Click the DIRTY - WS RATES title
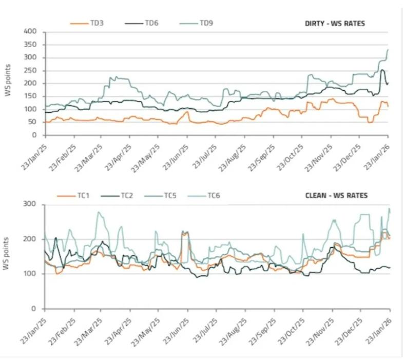[335, 24]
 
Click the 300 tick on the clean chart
[32, 205]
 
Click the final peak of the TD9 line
[388, 49]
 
